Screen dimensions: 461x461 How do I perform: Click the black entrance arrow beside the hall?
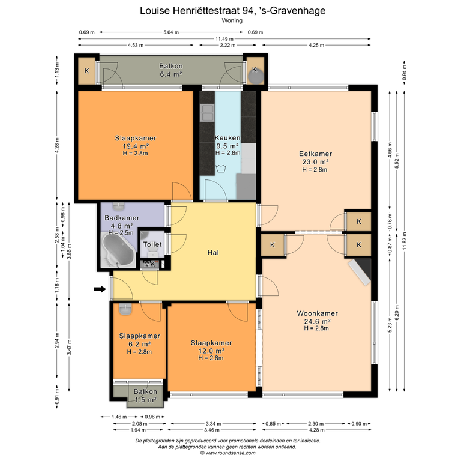click(100, 289)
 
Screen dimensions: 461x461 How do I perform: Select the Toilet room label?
click(152, 244)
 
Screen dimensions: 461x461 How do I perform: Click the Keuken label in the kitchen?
click(227, 138)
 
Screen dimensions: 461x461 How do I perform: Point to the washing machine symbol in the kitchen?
click(220, 169)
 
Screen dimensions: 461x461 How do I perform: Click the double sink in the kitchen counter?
click(207, 113)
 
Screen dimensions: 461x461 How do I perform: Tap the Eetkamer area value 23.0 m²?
click(315, 161)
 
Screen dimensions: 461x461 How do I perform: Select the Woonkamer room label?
click(317, 313)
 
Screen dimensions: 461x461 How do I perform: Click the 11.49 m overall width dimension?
click(224, 39)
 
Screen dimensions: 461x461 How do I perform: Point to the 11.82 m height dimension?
click(405, 241)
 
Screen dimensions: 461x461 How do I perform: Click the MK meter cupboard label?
click(149, 264)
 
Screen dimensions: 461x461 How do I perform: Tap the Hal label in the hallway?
click(213, 252)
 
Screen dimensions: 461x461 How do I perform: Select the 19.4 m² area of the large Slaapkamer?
click(136, 146)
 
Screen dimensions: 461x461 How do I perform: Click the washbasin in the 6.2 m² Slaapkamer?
click(125, 309)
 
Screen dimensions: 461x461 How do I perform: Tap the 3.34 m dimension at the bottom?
click(214, 424)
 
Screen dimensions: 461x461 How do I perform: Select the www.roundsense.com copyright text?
click(230, 453)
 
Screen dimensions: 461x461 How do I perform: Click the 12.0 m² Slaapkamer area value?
click(211, 351)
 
